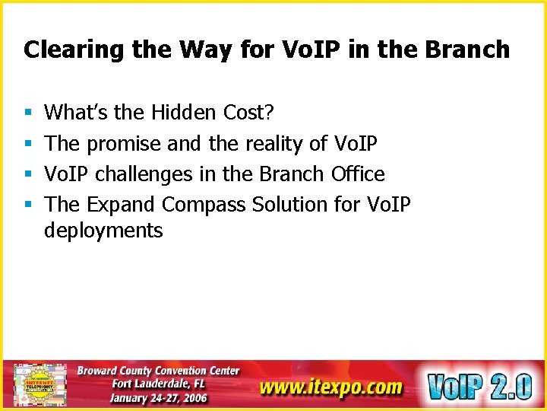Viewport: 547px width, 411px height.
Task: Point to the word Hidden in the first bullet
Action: [184, 113]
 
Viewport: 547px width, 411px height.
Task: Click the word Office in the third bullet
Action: [358, 174]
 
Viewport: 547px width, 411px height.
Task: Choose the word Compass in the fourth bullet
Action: [204, 205]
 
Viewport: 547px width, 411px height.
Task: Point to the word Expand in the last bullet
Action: [122, 205]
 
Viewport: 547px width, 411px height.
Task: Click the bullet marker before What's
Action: [28, 113]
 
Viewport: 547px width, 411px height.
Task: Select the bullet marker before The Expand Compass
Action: [28, 205]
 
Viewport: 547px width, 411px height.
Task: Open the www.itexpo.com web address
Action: [330, 387]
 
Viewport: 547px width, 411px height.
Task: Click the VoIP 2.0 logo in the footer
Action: [479, 385]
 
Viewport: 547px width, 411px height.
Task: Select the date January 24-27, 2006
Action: [158, 398]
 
